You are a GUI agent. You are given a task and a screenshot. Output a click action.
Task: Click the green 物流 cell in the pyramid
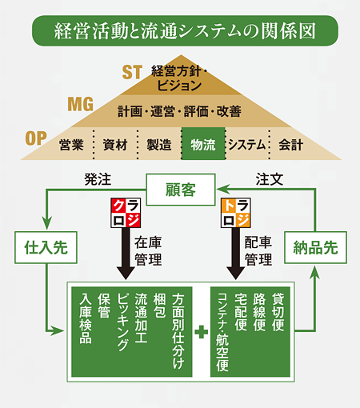203,144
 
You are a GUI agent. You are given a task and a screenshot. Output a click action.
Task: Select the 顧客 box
181,190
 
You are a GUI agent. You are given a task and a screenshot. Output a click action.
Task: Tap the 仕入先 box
46,247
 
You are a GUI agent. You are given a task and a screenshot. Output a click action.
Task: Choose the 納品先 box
315,247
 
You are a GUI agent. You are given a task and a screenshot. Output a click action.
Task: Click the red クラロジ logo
126,213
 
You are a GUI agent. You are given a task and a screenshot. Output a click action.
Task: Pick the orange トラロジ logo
236,213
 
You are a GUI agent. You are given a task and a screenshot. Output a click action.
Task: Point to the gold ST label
132,72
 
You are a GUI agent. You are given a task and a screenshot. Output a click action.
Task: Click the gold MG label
81,104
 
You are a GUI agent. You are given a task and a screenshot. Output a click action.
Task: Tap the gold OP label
36,138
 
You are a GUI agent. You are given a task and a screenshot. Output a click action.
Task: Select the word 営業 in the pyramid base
71,145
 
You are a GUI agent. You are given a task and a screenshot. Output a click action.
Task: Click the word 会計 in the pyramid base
291,145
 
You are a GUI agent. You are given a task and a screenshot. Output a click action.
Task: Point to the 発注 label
98,179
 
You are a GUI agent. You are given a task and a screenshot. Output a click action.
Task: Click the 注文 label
270,179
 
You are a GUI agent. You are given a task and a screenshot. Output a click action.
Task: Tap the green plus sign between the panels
202,332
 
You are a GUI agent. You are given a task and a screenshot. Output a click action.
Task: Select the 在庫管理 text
148,251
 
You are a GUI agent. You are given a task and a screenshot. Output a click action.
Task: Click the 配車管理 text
258,251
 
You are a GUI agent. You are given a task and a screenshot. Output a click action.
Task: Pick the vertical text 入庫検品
86,318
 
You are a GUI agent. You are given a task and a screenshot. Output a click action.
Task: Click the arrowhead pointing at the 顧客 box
221,190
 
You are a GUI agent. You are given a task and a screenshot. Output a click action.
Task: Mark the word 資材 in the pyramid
115,145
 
